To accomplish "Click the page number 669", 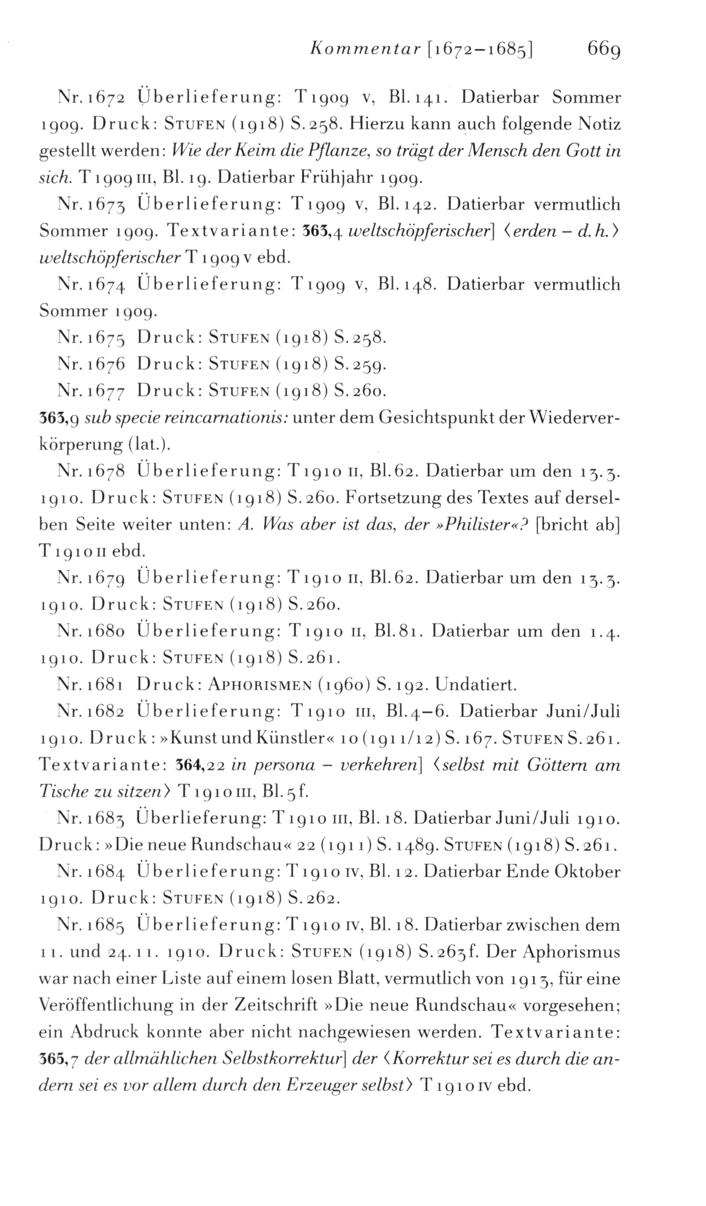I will pyautogui.click(x=604, y=50).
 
